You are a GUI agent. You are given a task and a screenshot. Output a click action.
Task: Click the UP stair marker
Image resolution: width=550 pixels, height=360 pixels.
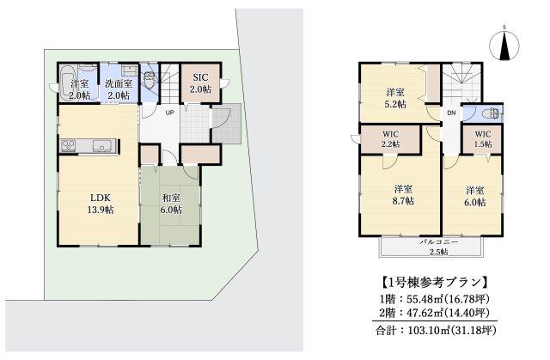pyautogui.click(x=169, y=113)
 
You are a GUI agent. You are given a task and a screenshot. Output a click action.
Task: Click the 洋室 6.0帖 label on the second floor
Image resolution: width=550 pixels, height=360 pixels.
pyautogui.click(x=475, y=196)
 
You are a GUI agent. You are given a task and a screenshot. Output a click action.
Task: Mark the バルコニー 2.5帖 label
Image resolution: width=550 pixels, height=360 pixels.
pyautogui.click(x=438, y=247)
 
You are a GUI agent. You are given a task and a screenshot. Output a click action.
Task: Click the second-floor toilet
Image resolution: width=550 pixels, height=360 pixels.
pyautogui.click(x=490, y=113)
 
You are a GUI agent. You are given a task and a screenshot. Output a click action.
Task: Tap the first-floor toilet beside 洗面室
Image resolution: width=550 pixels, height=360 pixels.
pyautogui.click(x=151, y=82)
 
